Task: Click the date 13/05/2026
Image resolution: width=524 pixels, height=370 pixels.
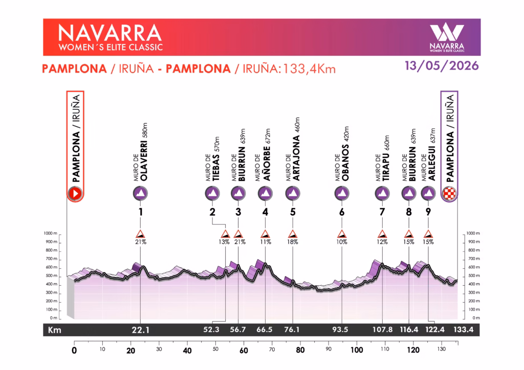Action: (x=441, y=66)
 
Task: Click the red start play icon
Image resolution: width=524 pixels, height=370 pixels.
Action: (x=75, y=194)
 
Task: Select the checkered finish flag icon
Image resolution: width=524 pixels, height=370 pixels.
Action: (x=449, y=194)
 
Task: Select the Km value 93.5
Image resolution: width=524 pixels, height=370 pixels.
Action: (x=342, y=330)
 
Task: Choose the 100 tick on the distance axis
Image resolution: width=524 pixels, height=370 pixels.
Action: (x=356, y=351)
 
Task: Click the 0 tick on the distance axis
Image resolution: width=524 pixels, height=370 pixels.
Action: (x=74, y=351)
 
